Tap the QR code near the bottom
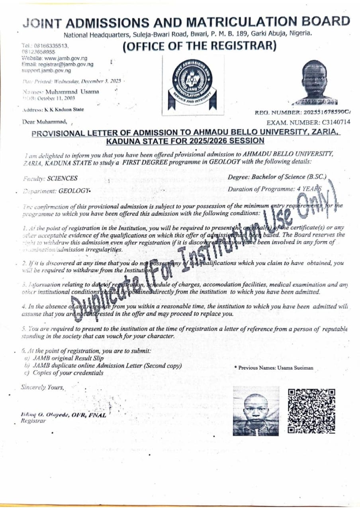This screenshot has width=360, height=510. [x=311, y=411]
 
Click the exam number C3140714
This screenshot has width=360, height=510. [x=335, y=122]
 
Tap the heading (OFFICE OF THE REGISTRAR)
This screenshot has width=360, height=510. [x=199, y=46]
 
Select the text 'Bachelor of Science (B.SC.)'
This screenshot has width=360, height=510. [x=289, y=177]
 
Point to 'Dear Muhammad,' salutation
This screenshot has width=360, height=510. [x=45, y=122]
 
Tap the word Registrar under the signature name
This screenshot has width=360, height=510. [x=33, y=420]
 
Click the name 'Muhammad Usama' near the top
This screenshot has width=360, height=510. [x=72, y=92]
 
